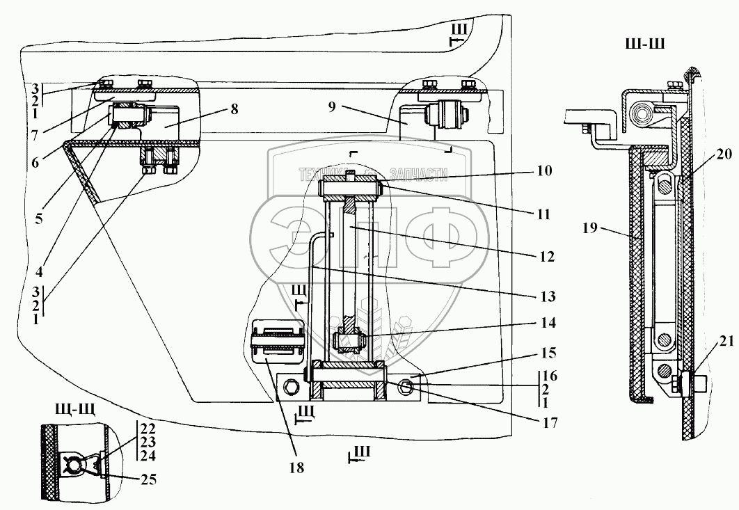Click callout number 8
[x=232, y=110]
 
